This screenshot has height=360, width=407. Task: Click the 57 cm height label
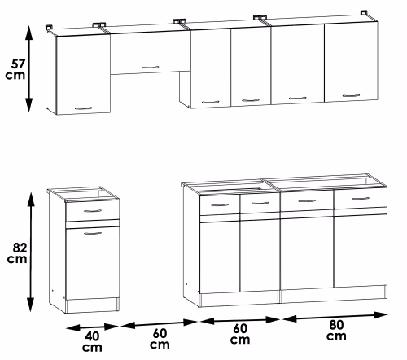[15, 69]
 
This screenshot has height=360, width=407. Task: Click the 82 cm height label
[17, 253]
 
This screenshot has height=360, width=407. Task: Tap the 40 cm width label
[92, 342]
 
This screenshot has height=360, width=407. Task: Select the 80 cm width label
[336, 330]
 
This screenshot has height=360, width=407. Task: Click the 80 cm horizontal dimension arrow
[335, 317]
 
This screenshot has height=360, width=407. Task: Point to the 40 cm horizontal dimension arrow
[92, 327]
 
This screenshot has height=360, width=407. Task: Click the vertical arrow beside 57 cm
[29, 68]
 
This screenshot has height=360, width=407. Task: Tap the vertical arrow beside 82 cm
[31, 252]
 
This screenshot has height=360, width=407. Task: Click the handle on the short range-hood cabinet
[151, 67]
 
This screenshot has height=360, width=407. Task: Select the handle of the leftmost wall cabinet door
[83, 108]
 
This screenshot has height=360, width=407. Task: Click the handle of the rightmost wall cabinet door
[352, 95]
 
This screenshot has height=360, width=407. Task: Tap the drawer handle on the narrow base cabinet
[93, 211]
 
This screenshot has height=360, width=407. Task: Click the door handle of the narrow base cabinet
[93, 233]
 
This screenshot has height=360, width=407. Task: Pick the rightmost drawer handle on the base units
[361, 199]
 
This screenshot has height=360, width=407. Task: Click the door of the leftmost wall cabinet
[83, 75]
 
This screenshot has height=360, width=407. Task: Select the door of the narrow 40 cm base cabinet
[93, 263]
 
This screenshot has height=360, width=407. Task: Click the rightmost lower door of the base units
[361, 251]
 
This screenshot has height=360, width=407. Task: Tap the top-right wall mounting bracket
[364, 13]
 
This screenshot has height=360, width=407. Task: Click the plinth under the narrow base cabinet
[93, 305]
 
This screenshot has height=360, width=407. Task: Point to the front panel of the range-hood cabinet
[151, 53]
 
